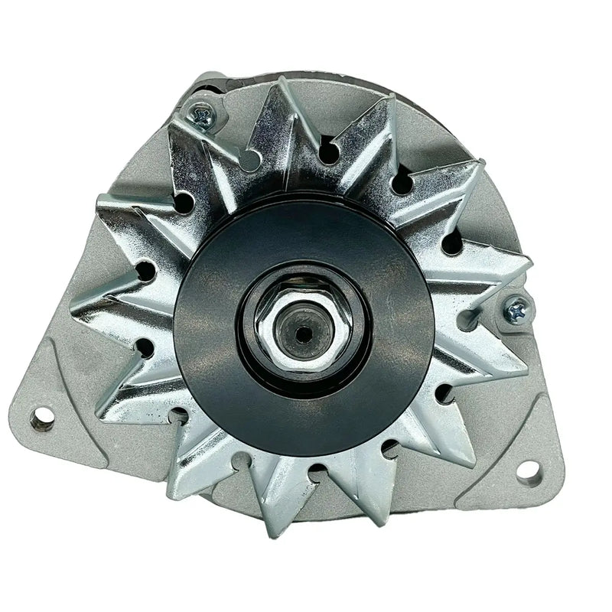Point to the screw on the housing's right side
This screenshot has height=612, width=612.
tap(517, 309)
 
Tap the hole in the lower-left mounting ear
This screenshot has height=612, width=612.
tap(43, 418)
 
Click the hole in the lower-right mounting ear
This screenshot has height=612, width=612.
tap(529, 470)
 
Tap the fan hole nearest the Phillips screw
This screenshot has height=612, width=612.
tap(249, 158)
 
